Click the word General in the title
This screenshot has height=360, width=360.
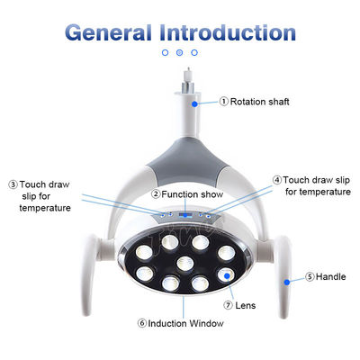(x=108, y=32)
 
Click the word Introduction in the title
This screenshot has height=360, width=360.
(x=228, y=32)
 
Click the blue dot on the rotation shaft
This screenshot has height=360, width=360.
(x=194, y=104)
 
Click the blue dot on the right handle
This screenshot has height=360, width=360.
(x=287, y=282)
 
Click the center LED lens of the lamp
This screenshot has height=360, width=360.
(x=185, y=264)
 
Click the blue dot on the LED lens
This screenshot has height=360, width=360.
(x=227, y=275)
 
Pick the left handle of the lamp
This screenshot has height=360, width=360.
(x=89, y=274)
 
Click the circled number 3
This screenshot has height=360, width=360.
(x=13, y=184)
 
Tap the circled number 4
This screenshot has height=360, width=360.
(x=277, y=180)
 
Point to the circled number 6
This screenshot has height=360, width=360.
(x=142, y=323)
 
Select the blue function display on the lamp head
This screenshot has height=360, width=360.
(x=185, y=215)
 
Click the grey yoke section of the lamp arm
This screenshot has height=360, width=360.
(x=186, y=161)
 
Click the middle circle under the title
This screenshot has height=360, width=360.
(x=179, y=52)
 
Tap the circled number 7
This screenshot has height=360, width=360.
(x=228, y=305)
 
